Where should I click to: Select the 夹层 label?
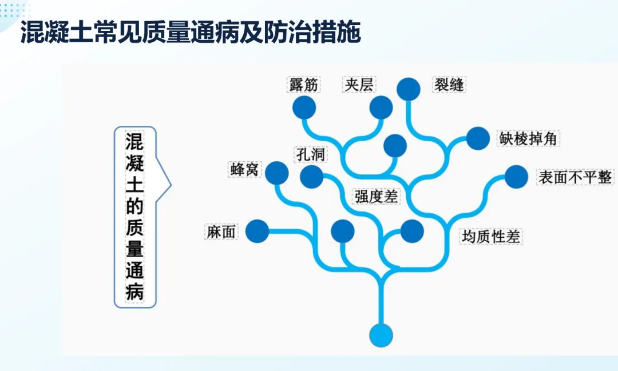(359, 85)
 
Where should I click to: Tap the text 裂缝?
(449, 85)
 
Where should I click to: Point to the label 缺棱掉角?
(529, 139)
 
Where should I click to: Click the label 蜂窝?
(244, 169)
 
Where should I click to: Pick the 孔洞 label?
(311, 154)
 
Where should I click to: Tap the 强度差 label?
(376, 197)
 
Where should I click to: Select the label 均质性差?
(491, 236)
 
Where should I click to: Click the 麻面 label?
(221, 232)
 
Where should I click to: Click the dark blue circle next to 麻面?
(257, 232)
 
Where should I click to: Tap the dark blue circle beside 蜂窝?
(277, 173)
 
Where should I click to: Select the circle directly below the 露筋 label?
(304, 107)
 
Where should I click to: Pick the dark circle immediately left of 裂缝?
(409, 89)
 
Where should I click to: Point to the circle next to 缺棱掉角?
(478, 138)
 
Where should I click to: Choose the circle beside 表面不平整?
(516, 177)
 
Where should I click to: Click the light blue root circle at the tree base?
(381, 335)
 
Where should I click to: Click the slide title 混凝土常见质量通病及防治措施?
(191, 33)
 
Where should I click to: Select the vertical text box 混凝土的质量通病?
(135, 217)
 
